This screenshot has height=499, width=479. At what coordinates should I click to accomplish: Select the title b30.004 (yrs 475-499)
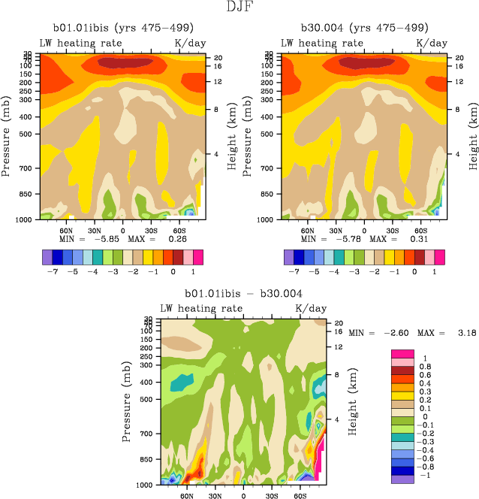pos(365,29)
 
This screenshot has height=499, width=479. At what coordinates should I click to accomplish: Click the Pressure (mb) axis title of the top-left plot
pos(7,136)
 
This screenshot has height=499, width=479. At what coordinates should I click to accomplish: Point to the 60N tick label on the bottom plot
pos(186,497)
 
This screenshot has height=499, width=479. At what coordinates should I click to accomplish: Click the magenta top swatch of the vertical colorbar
pos(402,353)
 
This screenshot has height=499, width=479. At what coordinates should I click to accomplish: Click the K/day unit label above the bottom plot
pos(310,308)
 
